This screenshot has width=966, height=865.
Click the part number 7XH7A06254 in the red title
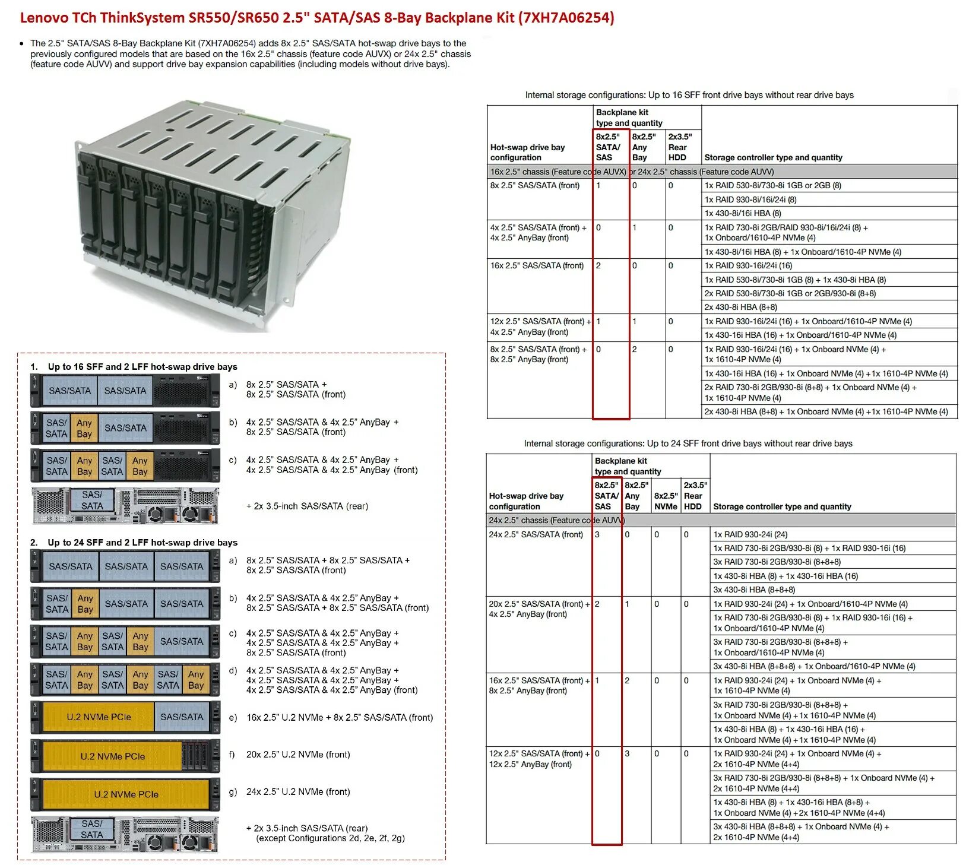pyautogui.click(x=566, y=18)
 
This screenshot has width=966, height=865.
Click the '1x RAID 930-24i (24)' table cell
pyautogui.click(x=750, y=534)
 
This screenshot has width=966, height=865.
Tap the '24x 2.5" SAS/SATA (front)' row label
pyautogui.click(x=536, y=534)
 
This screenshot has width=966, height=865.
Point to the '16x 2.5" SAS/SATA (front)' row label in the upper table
pyautogui.click(x=537, y=265)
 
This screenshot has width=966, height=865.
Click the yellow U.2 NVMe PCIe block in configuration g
pyautogui.click(x=126, y=794)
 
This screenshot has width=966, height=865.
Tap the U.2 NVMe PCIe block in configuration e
pyautogui.click(x=99, y=717)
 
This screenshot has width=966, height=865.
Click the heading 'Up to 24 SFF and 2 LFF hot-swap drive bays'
pyautogui.click(x=142, y=543)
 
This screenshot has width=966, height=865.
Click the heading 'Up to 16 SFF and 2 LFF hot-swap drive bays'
pyautogui.click(x=142, y=367)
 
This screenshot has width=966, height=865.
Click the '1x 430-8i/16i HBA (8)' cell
pyautogui.click(x=742, y=213)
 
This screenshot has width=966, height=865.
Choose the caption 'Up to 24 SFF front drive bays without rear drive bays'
pyautogui.click(x=688, y=443)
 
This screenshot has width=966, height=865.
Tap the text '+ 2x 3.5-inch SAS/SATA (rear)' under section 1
pyautogui.click(x=307, y=506)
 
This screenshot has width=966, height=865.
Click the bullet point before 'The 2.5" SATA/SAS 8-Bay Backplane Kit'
pyautogui.click(x=22, y=44)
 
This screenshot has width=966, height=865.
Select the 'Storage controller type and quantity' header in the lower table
pyautogui.click(x=781, y=506)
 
